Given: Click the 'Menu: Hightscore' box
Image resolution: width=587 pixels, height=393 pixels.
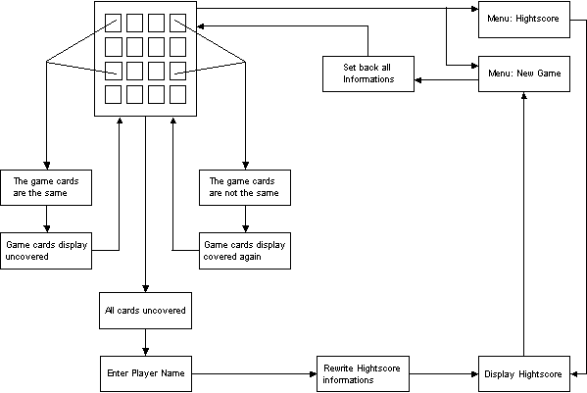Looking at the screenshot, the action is (x=524, y=20).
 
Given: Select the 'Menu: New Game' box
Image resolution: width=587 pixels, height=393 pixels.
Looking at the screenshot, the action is (x=524, y=74).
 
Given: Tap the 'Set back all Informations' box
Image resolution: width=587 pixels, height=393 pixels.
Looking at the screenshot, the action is (x=368, y=74).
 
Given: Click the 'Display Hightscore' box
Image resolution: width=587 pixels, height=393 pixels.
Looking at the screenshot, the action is (x=524, y=374).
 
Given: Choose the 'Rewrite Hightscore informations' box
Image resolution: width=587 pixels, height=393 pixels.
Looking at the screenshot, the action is (x=363, y=374).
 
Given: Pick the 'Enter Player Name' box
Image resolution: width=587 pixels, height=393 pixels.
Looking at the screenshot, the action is (x=146, y=374).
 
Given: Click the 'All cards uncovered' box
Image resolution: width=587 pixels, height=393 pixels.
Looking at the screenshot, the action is (x=145, y=311).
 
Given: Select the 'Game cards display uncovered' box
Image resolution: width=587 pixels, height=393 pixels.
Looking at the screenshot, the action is (x=46, y=251).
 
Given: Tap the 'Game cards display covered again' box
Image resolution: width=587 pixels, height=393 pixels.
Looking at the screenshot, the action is (x=245, y=251).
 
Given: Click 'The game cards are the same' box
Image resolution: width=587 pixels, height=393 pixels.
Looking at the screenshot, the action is (x=46, y=187).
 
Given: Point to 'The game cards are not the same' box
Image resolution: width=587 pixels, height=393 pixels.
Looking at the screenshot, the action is (x=245, y=187).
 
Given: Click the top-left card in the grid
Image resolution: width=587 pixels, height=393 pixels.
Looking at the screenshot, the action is (x=113, y=23).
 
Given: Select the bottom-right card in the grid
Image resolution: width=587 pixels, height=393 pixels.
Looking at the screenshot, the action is (x=177, y=94).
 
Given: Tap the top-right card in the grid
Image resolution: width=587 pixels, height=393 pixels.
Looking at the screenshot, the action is (x=177, y=23).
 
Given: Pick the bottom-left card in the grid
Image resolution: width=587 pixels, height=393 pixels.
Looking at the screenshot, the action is (x=113, y=94).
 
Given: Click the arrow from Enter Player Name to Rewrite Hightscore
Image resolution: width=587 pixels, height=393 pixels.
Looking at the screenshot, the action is (x=254, y=374).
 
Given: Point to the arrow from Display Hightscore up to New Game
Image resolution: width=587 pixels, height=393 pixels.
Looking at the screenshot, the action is (x=524, y=223).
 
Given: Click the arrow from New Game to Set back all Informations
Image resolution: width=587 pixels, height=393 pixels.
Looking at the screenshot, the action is (x=446, y=79).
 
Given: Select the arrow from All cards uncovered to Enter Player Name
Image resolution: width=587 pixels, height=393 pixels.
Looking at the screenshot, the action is (x=146, y=342).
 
